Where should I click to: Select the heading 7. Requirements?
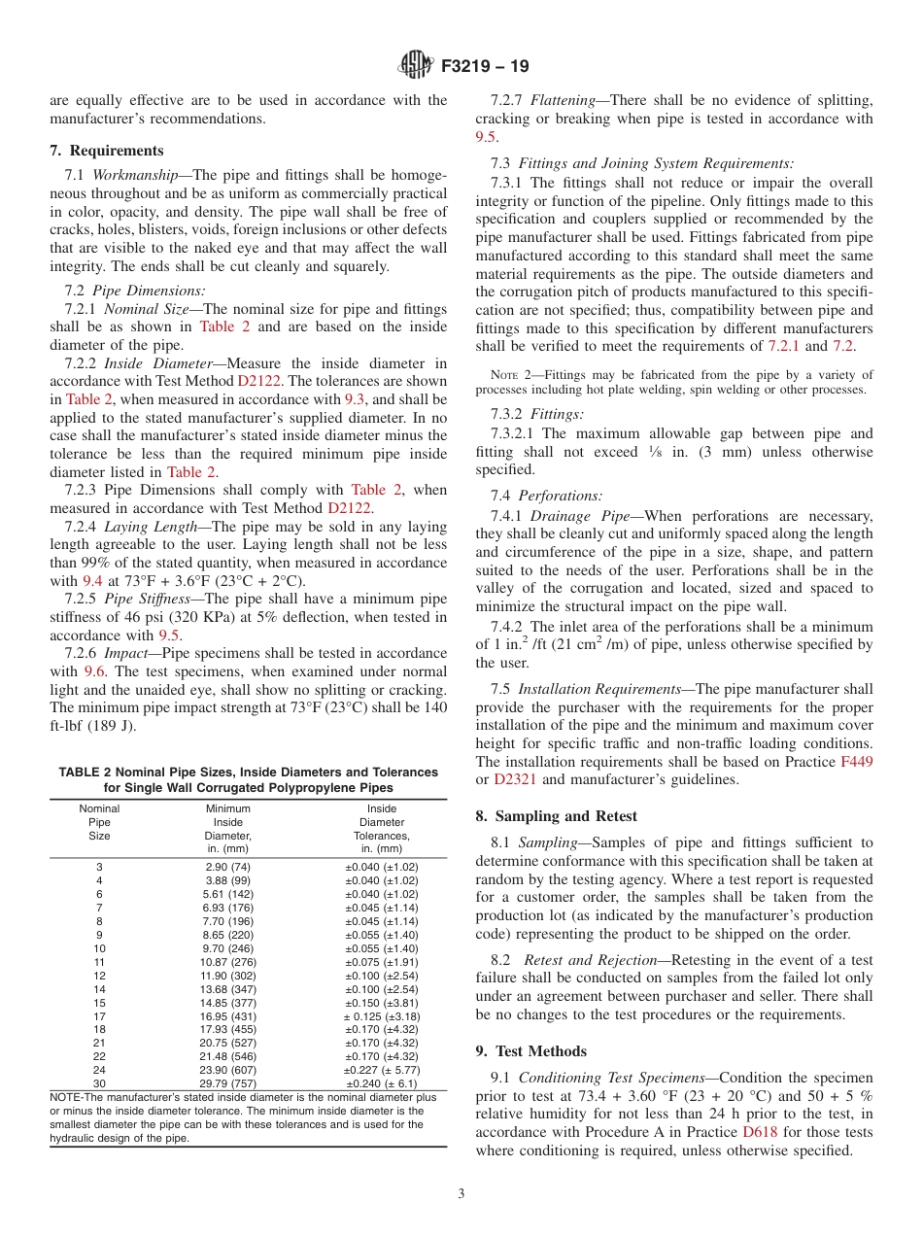coord(107,151)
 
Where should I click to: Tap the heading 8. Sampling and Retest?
coord(556,816)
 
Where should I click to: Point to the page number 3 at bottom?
coord(461,1194)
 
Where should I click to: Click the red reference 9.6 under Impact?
coord(94,671)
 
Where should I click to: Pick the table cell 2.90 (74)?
coord(227,867)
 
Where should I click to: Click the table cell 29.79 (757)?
coord(227,1083)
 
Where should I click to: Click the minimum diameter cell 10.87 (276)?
coord(227,962)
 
